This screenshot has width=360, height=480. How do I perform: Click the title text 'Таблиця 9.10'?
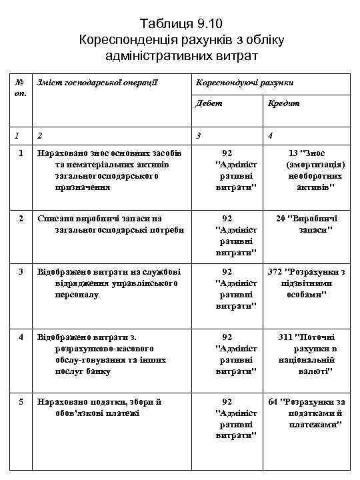tap(181, 25)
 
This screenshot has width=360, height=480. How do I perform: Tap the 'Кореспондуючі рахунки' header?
tap(243, 82)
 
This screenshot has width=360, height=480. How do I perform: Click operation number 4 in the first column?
tap(21, 337)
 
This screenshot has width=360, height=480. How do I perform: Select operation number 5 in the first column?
tap(21, 401)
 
